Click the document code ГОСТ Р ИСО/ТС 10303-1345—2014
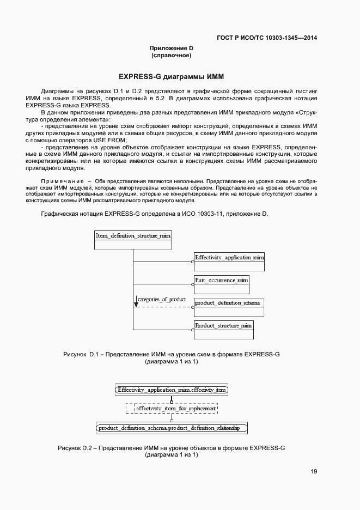267,38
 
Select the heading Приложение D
172,48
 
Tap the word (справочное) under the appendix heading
172,56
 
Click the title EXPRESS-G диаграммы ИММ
172,76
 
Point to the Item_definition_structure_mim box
133,240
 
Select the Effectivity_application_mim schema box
229,262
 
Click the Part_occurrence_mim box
221,284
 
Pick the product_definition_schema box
229,307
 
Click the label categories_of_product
162,300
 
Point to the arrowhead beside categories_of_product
136,303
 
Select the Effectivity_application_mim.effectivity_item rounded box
172,390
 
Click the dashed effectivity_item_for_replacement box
172,408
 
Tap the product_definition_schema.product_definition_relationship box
172,428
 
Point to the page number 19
314,472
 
